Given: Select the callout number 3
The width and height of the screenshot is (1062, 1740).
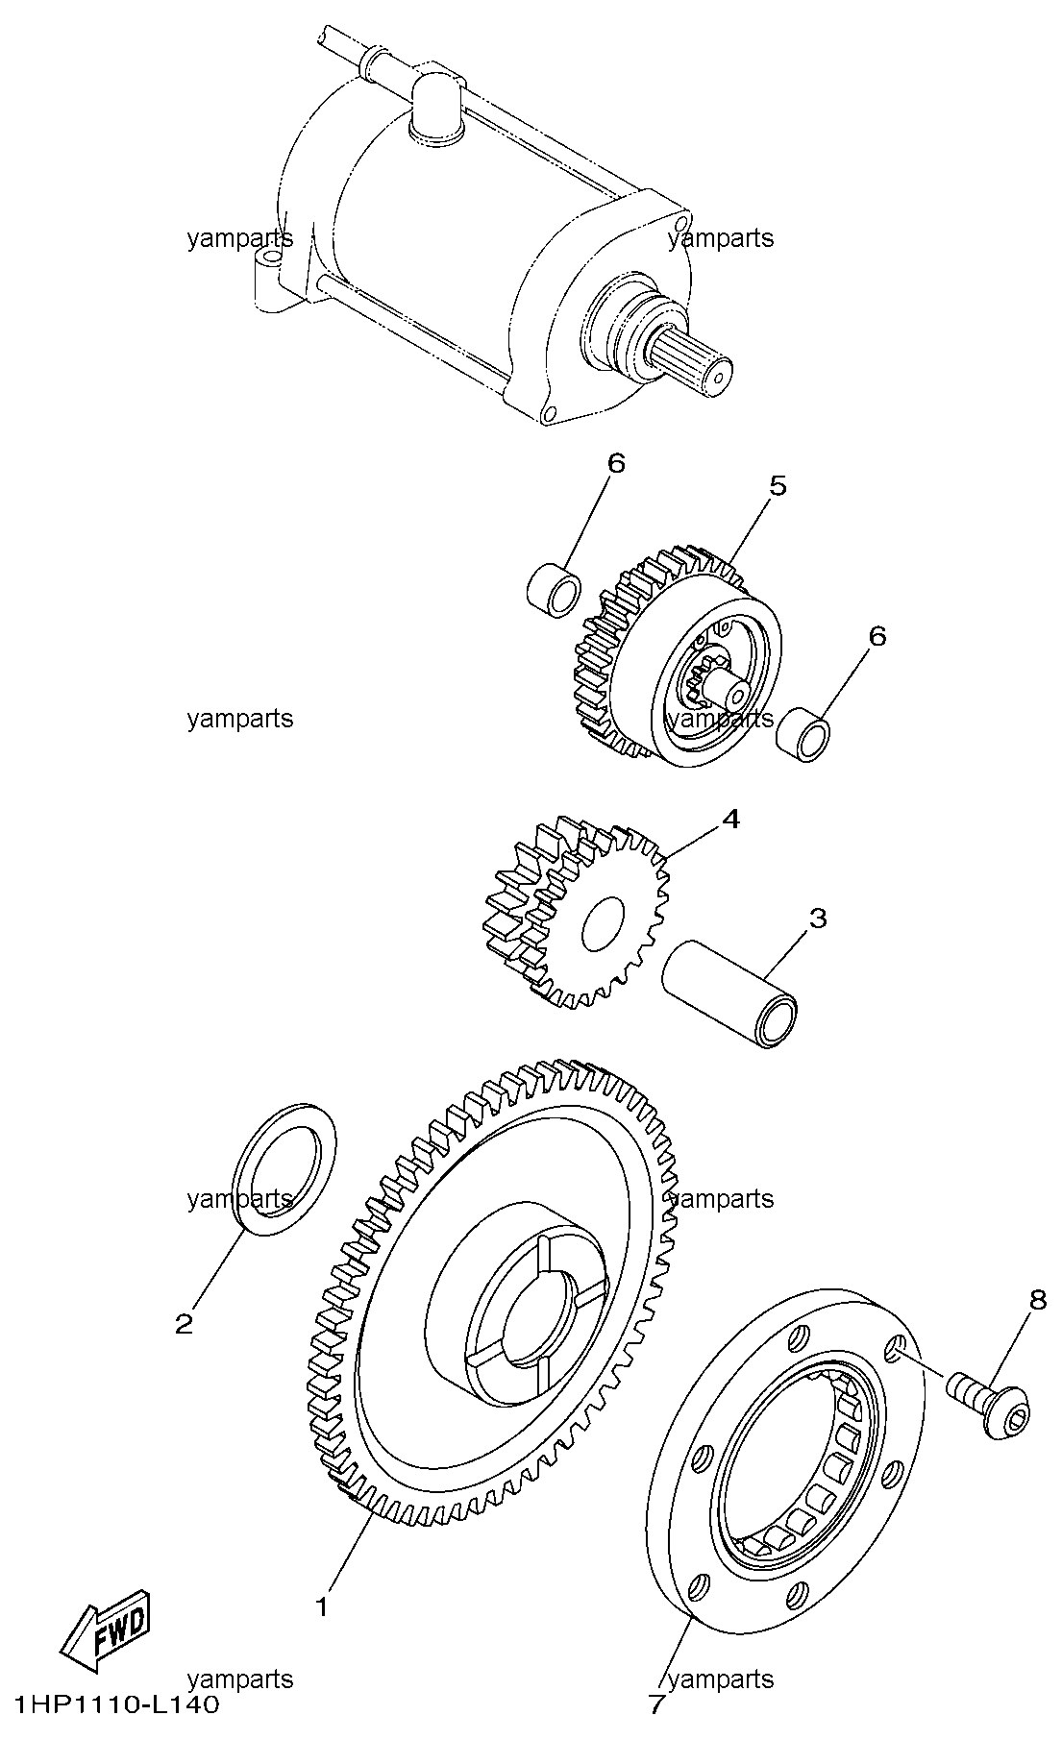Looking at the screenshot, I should (817, 918).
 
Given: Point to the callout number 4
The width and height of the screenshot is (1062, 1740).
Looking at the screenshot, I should (731, 819).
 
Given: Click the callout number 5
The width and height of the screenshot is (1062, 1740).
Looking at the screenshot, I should (778, 486).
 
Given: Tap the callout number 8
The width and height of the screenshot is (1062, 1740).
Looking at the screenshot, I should (1038, 1299).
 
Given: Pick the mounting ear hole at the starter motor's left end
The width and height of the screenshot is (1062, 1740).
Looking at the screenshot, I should (272, 261).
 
